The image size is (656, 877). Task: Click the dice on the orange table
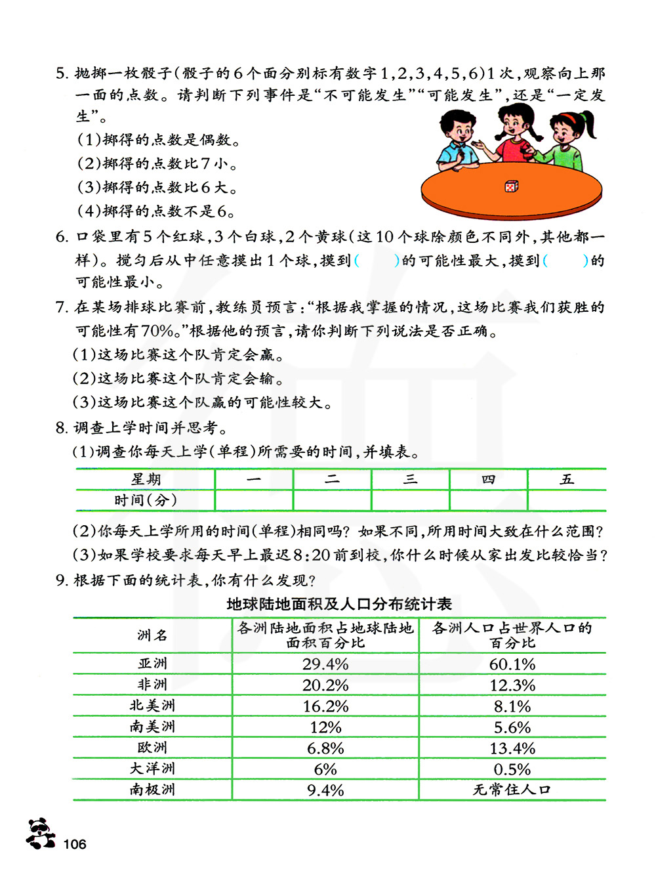[x=511, y=186]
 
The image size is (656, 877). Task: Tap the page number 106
[x=75, y=844]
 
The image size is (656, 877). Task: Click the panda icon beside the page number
[x=41, y=834]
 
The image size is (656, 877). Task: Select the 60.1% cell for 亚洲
[x=512, y=664]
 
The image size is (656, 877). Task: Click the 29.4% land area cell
[x=325, y=664]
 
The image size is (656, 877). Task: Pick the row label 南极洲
[x=152, y=790]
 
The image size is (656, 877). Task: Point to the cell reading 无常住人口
[x=512, y=790]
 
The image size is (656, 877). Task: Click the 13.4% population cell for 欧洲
[x=512, y=748]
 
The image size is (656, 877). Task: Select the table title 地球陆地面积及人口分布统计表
[x=339, y=604]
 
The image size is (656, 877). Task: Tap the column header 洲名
[x=152, y=635]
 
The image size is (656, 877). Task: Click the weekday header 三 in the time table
[x=410, y=479]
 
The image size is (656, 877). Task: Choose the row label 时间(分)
[x=146, y=500]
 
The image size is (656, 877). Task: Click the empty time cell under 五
[x=567, y=500]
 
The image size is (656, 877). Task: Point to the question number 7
[x=61, y=307]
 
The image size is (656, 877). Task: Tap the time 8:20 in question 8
[x=312, y=555]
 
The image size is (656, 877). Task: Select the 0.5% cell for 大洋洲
[x=512, y=769]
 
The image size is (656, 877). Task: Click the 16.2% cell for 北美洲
[x=325, y=706]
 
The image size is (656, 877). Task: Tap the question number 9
[x=61, y=580]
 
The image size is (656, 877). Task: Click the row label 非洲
[x=152, y=685]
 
